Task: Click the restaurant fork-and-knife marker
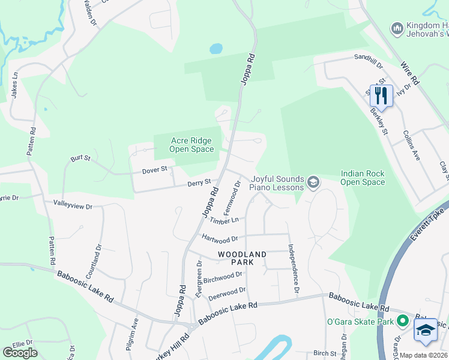pos(381,95)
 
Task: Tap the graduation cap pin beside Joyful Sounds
pos(313,181)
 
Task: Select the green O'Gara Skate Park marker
pos(402,322)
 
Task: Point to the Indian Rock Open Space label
pos(363,178)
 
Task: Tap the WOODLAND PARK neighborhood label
pos(242,258)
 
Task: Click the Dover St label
pos(155,170)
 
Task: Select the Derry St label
pos(199,182)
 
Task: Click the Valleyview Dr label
pos(73,206)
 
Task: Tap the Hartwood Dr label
pos(220,238)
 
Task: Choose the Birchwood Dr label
pos(223,278)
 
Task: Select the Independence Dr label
pos(293,269)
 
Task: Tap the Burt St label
pos(80,158)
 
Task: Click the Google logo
pos(20,353)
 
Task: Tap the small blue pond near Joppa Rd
pos(215,48)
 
